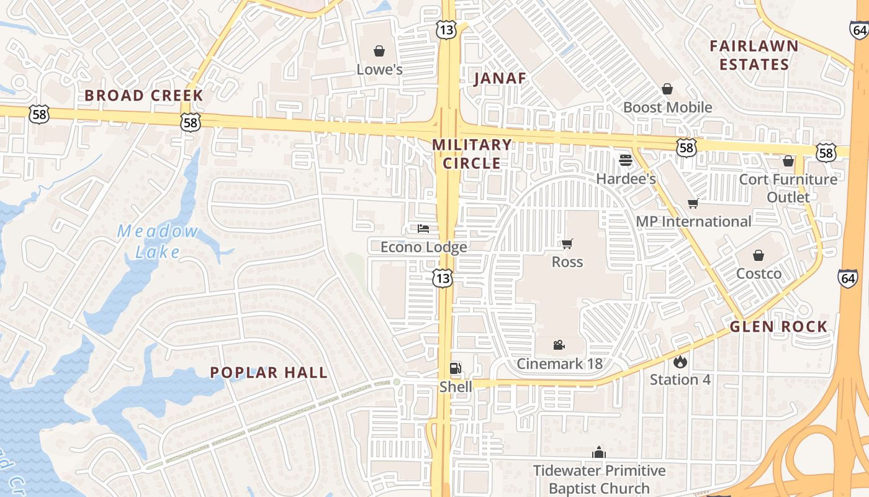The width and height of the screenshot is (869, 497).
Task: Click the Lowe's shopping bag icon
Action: tap(379, 50)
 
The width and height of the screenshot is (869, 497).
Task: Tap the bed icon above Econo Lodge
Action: tap(423, 229)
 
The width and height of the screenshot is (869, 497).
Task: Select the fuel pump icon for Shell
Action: tap(456, 368)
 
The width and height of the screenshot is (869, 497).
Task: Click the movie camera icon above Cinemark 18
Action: tap(559, 345)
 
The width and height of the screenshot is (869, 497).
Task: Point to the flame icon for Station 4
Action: tap(680, 361)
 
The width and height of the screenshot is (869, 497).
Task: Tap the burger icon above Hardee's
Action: tap(625, 160)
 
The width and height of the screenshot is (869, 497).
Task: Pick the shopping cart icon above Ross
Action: tap(567, 244)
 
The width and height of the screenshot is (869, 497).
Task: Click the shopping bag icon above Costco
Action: tap(759, 255)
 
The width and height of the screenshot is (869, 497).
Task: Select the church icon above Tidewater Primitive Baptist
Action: tap(599, 452)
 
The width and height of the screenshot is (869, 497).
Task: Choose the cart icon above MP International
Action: tap(693, 203)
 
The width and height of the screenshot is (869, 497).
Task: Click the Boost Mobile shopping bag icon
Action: tap(667, 89)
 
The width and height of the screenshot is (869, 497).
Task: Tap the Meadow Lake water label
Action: tap(158, 242)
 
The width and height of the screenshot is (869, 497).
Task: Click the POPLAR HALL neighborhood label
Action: tap(269, 373)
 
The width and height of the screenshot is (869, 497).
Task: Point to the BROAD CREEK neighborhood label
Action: tap(144, 96)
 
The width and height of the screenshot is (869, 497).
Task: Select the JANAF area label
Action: tap(500, 78)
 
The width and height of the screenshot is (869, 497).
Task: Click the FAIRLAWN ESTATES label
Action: tap(754, 55)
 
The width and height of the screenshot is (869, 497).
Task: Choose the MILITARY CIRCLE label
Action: tap(472, 154)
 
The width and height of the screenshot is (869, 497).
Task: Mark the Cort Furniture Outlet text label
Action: tap(788, 188)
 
